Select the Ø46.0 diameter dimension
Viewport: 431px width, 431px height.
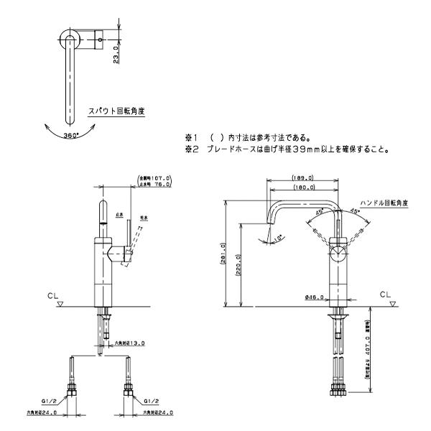click(314, 296)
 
